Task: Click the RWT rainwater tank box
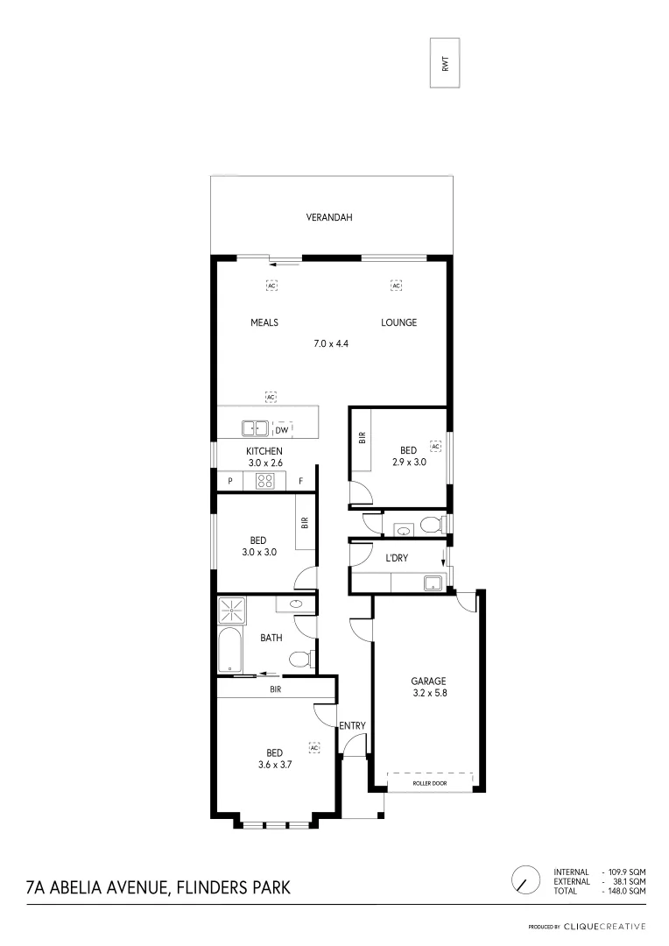click(445, 63)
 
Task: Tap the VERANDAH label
click(329, 217)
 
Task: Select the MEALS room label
click(264, 322)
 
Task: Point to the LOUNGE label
click(398, 322)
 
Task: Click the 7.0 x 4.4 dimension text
click(331, 344)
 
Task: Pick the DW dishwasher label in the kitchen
click(282, 430)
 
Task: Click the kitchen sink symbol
click(255, 429)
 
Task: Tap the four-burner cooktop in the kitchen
click(265, 480)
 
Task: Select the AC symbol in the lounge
click(396, 286)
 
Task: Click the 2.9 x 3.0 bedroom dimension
click(408, 462)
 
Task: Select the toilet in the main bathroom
click(299, 660)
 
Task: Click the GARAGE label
click(429, 681)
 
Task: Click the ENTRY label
click(352, 725)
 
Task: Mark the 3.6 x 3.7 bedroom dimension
click(274, 764)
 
